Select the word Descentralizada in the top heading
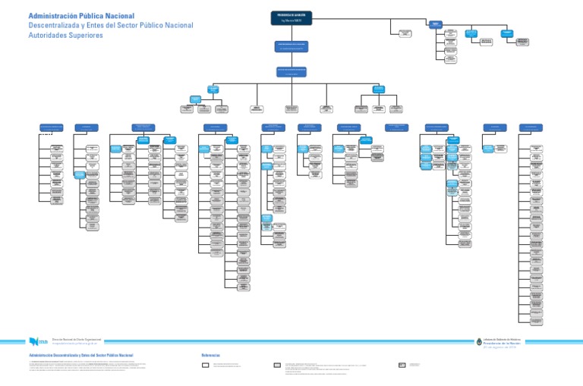[55, 26]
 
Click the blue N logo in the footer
[33, 341]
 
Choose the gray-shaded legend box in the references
[276, 366]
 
